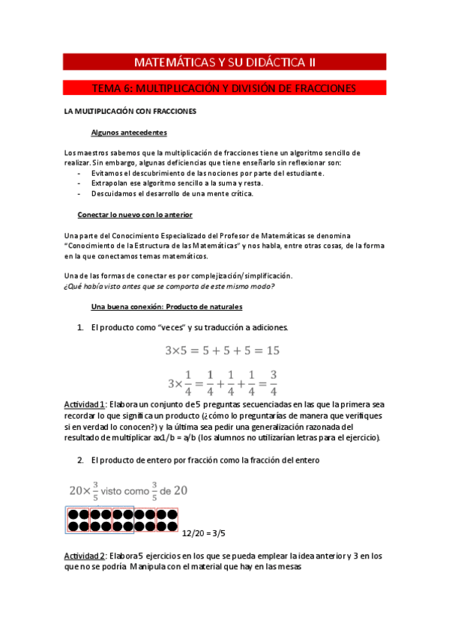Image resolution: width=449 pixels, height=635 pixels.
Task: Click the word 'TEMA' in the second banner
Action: coord(109,88)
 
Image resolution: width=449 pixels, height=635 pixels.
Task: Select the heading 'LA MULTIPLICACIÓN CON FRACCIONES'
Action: coord(130,112)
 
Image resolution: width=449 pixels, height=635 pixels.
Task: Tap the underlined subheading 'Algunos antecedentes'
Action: coord(124,132)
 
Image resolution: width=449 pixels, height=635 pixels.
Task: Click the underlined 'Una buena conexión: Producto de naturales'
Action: coord(166,306)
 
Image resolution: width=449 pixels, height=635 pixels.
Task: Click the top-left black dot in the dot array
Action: coord(73,515)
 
